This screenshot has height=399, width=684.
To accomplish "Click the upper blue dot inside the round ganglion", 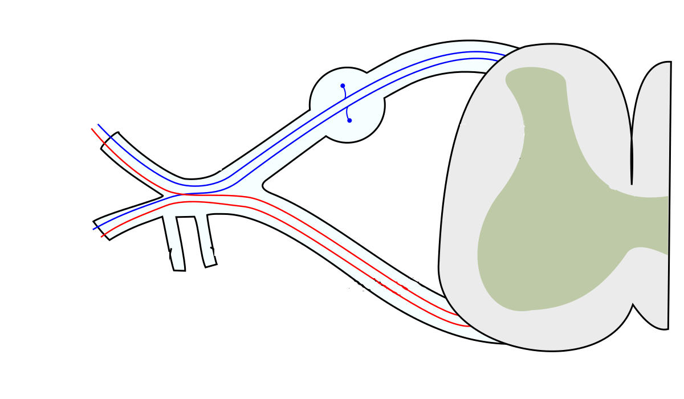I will pos(343,85).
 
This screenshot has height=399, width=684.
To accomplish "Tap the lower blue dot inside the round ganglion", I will pos(349,120).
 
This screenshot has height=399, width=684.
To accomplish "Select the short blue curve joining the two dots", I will pos(346,103).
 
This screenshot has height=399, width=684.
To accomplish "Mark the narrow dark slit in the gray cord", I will pos(632,154).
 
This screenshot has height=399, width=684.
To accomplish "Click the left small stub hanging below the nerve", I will pos(174,242).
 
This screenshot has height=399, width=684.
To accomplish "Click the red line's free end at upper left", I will pos(92,128).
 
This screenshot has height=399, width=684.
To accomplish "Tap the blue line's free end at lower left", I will pos(93,229).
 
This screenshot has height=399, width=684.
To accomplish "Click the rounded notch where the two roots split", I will pos(264,185).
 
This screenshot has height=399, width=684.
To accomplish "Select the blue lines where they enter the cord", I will pos(502,57).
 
